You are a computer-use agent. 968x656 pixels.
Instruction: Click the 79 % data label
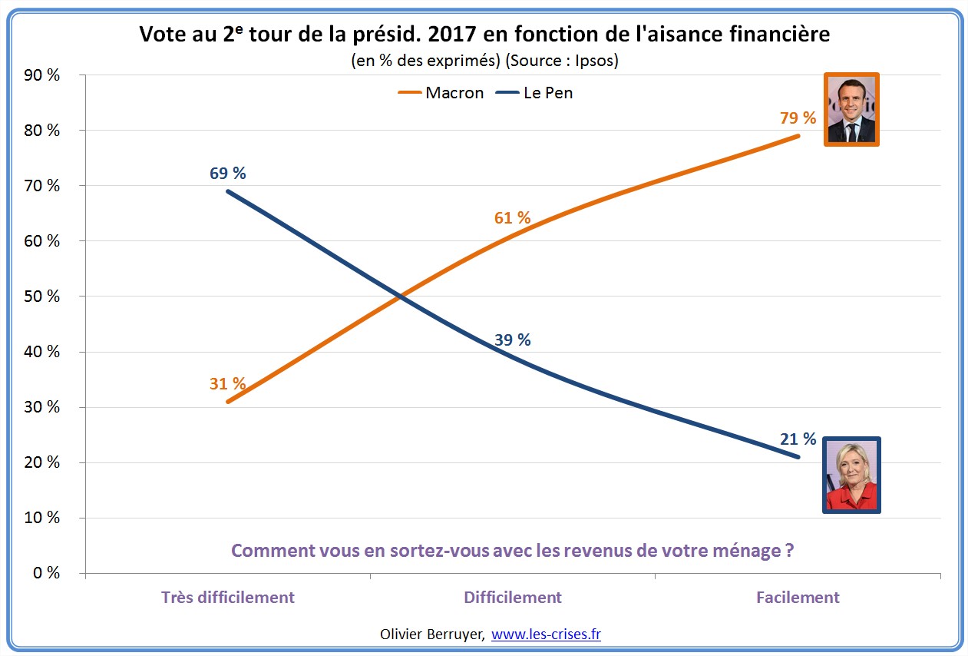(x=798, y=118)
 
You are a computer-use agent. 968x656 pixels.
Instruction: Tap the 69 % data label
(x=227, y=174)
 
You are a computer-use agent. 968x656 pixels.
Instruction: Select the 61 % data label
(x=512, y=218)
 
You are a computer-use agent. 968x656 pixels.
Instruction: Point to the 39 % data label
(x=512, y=340)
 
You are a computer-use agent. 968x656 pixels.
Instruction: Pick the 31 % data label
(x=227, y=383)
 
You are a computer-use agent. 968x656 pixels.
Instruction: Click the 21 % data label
(x=798, y=439)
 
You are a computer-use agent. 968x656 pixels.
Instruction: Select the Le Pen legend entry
(x=548, y=93)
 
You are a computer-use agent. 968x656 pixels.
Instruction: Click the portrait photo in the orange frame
(x=851, y=109)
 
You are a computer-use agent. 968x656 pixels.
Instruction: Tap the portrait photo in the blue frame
(x=851, y=475)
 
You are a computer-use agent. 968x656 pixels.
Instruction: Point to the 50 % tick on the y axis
(x=43, y=297)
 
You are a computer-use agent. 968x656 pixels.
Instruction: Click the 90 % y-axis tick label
(x=43, y=75)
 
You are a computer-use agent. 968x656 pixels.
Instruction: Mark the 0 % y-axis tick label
(x=47, y=573)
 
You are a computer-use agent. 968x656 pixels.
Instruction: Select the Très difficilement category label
(x=228, y=598)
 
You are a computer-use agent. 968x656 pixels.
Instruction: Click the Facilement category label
(x=798, y=598)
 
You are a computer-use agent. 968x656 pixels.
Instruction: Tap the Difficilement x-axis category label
(x=513, y=598)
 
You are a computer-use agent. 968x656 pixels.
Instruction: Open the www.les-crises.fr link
(x=546, y=634)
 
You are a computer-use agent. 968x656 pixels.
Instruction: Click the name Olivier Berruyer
(x=431, y=634)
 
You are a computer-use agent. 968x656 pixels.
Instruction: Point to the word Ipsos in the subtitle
(x=597, y=61)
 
